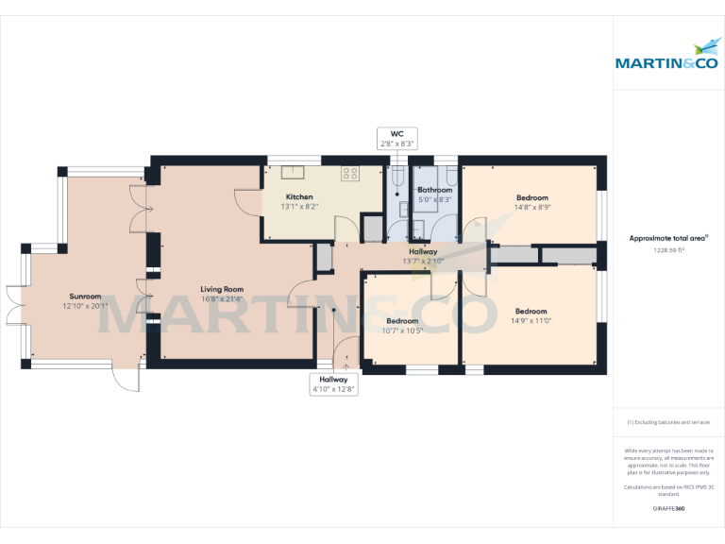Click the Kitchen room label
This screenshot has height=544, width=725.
click(299, 196)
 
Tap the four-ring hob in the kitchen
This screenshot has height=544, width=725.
click(350, 174)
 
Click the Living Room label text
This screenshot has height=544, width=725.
click(222, 289)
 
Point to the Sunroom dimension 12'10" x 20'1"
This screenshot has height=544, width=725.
click(85, 305)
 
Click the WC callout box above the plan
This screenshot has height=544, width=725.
click(397, 139)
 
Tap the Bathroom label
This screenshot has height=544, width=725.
click(434, 190)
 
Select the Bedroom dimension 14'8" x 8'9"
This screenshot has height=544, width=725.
click(532, 207)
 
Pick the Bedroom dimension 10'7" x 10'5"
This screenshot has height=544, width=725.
click(402, 331)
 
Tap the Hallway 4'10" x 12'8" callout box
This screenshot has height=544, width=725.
click(333, 383)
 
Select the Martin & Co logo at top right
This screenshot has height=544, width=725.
click(667, 57)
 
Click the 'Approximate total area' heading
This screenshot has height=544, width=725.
click(668, 239)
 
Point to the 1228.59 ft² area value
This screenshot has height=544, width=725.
click(668, 250)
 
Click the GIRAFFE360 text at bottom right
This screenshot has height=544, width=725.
click(668, 509)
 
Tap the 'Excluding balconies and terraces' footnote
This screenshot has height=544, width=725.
click(668, 422)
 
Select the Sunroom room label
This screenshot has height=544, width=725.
click(85, 296)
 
